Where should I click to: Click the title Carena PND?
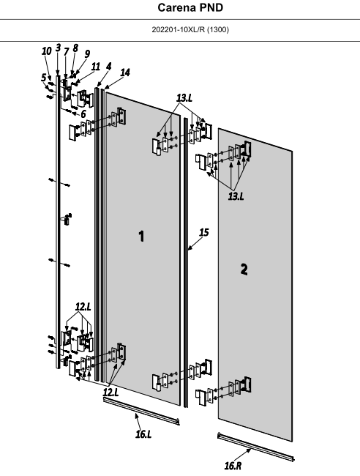pyautogui.click(x=190, y=7)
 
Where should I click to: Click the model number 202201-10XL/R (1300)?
pyautogui.click(x=190, y=30)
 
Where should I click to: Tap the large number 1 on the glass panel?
pyautogui.click(x=141, y=237)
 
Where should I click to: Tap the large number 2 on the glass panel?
pyautogui.click(x=244, y=269)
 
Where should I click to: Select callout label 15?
pyautogui.click(x=204, y=233)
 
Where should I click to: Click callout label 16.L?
pyautogui.click(x=143, y=434)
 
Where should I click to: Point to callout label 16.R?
pyautogui.click(x=233, y=465)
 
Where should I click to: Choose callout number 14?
pyautogui.click(x=125, y=72)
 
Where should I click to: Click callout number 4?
pyautogui.click(x=108, y=67)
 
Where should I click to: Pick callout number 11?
pyautogui.click(x=96, y=67)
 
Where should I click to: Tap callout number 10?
pyautogui.click(x=46, y=51)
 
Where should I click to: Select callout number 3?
pyautogui.click(x=59, y=48)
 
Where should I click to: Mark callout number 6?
pyautogui.click(x=83, y=114)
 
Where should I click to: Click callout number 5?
pyautogui.click(x=44, y=78)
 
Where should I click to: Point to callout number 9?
pyautogui.click(x=87, y=53)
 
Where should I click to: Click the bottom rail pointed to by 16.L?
pyautogui.click(x=141, y=411)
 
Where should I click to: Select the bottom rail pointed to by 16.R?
pyautogui.click(x=255, y=447)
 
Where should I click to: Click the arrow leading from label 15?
pyautogui.click(x=195, y=243)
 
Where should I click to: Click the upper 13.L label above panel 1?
pyautogui.click(x=184, y=98)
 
